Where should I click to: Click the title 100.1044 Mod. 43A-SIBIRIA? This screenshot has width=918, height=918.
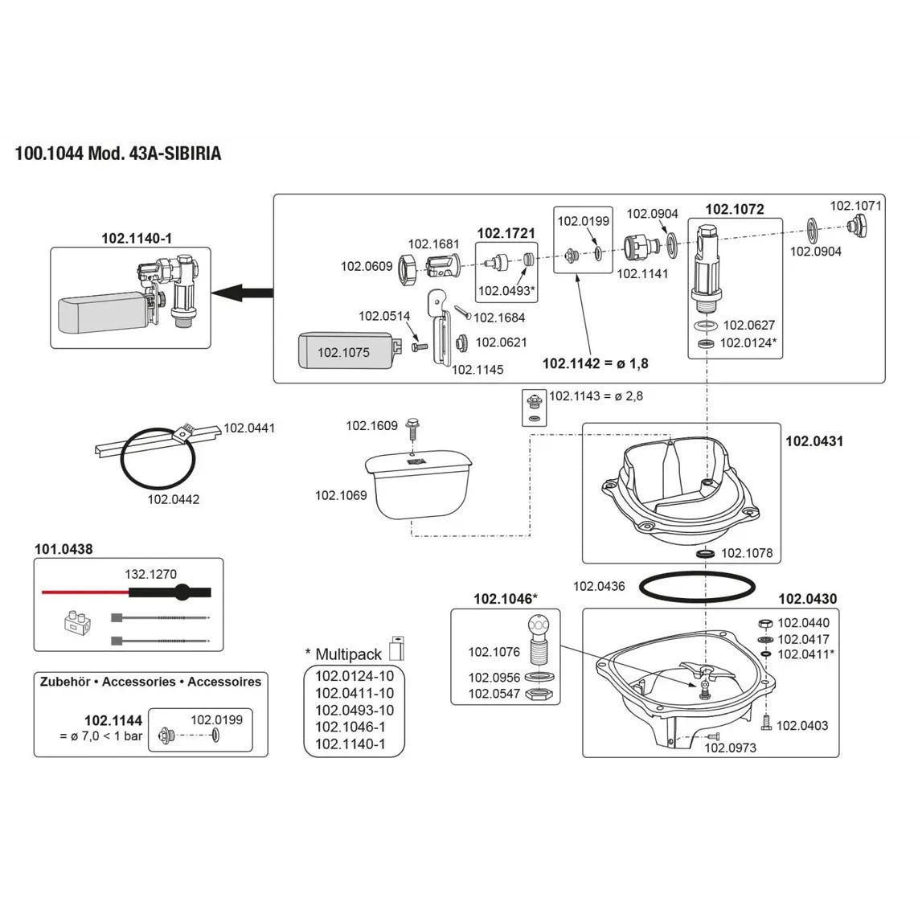click(x=118, y=154)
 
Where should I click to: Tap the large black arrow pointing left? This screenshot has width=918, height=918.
click(x=245, y=293)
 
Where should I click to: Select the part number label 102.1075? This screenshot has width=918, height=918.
click(x=343, y=352)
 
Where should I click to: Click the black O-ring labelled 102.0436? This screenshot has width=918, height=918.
click(x=698, y=586)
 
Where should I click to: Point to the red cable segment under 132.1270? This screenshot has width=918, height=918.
click(x=84, y=592)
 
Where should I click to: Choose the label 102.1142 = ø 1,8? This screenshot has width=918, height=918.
click(x=595, y=363)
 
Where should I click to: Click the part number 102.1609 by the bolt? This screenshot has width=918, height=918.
click(x=372, y=425)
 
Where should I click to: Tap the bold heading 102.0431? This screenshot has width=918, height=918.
click(x=814, y=441)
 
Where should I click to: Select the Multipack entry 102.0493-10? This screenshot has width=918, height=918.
click(x=354, y=710)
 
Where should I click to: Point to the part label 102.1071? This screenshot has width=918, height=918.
click(x=855, y=206)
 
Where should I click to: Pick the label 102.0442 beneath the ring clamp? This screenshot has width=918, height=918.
click(x=174, y=499)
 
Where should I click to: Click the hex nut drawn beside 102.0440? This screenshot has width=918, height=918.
click(x=765, y=623)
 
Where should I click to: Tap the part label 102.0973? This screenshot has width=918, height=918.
click(x=730, y=748)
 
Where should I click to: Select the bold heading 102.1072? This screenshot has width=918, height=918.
click(x=734, y=209)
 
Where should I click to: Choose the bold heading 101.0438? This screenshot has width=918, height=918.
click(x=64, y=549)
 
